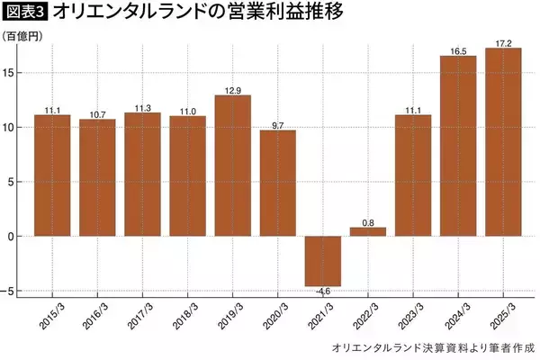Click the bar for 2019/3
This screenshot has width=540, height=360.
coord(232,166)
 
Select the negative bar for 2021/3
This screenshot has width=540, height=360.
coord(322,261)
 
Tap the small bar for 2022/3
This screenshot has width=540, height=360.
coord(367,231)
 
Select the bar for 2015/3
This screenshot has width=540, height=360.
coord(52,175)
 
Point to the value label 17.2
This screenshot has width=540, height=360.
coord(502,42)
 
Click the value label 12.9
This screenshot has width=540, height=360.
coord(232,89)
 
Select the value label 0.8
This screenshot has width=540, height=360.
coord(367,221)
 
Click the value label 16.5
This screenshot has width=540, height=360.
coord(457,50)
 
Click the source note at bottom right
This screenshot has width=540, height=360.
coord(433,346)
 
